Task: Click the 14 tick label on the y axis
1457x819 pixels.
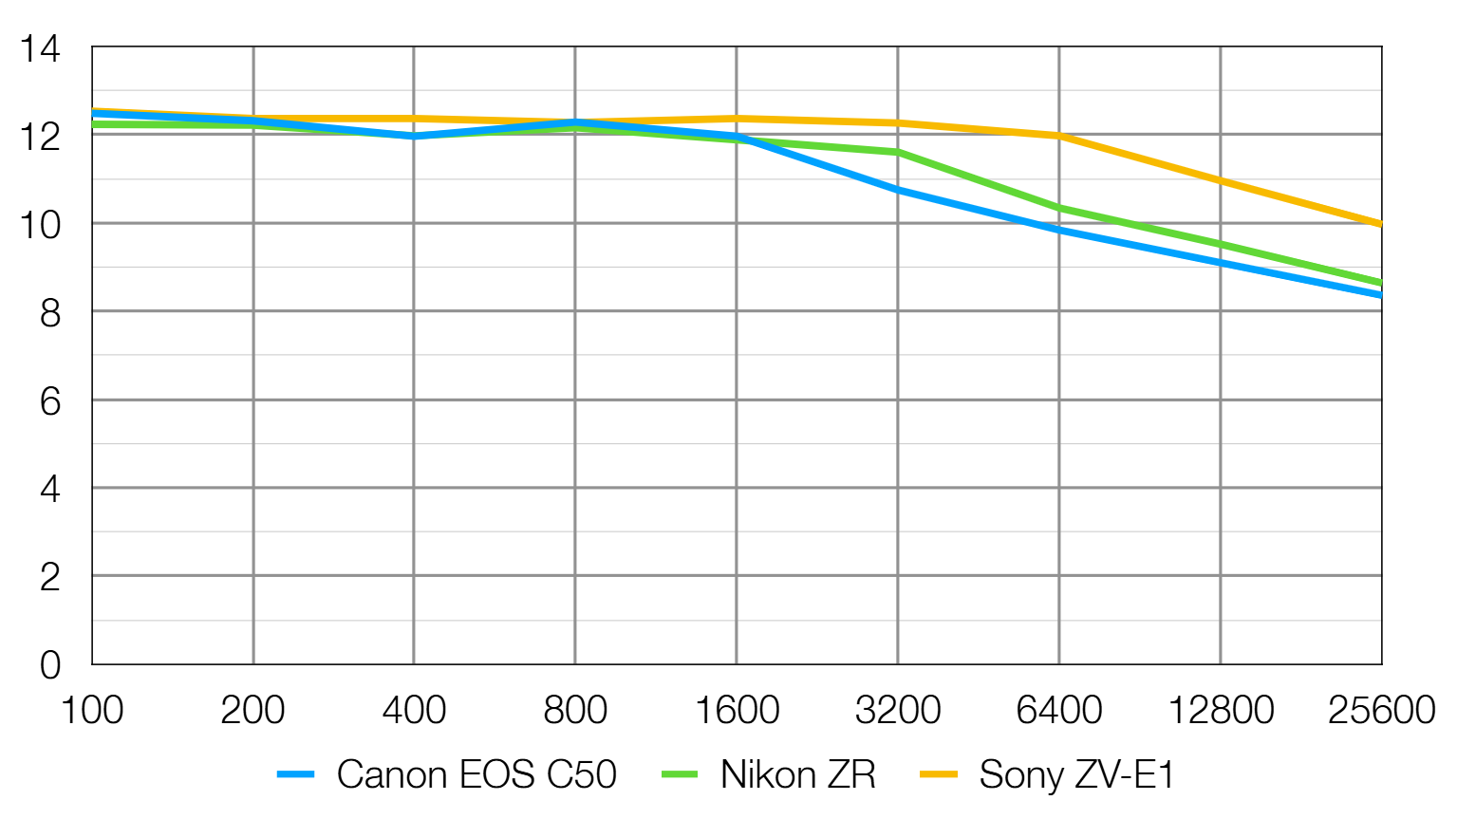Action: [x=40, y=48]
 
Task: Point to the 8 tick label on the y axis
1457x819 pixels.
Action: [x=49, y=312]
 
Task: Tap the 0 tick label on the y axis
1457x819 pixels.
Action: [x=49, y=665]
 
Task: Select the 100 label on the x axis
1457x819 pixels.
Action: [x=91, y=710]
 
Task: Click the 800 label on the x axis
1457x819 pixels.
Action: [x=574, y=710]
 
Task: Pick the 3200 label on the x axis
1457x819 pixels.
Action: [x=897, y=710]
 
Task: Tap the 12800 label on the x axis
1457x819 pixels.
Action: [x=1220, y=710]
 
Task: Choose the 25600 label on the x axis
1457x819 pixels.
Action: [x=1381, y=710]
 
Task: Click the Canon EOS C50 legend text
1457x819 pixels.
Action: [x=476, y=774]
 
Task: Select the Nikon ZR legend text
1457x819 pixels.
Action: [x=797, y=774]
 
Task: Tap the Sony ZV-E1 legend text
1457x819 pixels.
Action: [x=1076, y=774]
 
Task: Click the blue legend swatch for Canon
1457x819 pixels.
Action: [x=295, y=775]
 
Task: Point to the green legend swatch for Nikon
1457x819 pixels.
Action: [x=680, y=775]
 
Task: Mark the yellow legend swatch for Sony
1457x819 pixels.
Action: [x=939, y=775]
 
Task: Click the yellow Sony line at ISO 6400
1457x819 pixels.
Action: [x=1058, y=136]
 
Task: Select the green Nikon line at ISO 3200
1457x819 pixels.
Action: [x=897, y=152]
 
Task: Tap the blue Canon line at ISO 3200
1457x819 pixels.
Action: [x=897, y=190]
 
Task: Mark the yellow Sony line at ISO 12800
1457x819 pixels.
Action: [x=1220, y=180]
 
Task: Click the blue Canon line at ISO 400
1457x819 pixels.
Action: [x=414, y=137]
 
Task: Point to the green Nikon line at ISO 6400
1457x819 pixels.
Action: [x=1058, y=207]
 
